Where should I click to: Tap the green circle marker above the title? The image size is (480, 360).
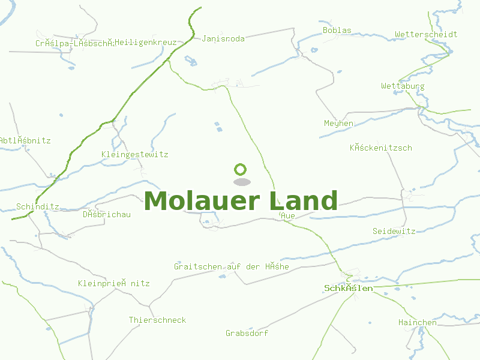(241, 169)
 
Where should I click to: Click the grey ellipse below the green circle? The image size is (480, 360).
(241, 182)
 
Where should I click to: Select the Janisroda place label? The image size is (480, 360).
(223, 38)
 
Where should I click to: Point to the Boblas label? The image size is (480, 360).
(337, 30)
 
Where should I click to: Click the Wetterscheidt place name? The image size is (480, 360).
(426, 34)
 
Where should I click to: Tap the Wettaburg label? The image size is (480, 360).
(403, 86)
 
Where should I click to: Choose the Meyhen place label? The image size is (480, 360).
(338, 123)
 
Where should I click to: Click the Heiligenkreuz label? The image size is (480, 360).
(146, 43)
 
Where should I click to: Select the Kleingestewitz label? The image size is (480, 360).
(135, 154)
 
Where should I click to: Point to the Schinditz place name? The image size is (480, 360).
(38, 206)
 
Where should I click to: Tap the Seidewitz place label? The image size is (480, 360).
(394, 231)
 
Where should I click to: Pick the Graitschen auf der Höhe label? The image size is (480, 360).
(231, 266)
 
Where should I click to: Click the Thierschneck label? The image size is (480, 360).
(157, 320)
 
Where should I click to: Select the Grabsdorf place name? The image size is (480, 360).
(247, 333)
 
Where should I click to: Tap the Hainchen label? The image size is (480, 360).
(418, 322)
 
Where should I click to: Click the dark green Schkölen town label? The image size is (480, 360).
(348, 288)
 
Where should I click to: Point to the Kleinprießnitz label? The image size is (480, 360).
(113, 283)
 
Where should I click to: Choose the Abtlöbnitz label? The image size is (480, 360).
(25, 140)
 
